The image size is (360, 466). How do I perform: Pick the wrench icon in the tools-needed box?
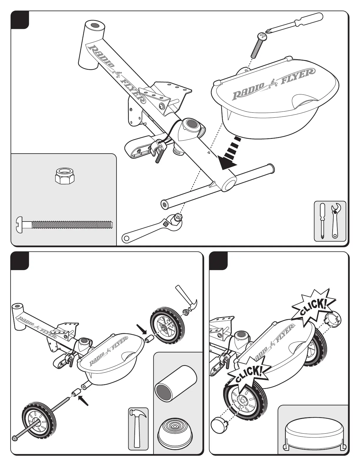coord(335,221)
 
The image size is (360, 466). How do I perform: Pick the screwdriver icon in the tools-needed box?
coord(323,221)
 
